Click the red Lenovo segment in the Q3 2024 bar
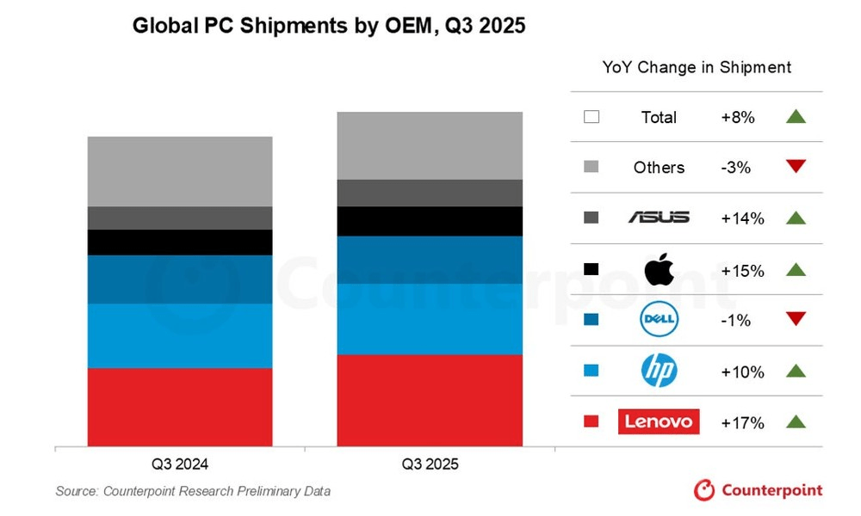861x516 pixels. click(180, 408)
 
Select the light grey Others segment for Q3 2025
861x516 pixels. click(430, 145)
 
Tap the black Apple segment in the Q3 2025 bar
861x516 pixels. click(430, 221)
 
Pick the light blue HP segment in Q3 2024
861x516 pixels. click(180, 335)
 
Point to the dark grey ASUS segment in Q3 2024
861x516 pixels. click(180, 218)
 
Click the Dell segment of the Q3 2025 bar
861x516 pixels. click(430, 260)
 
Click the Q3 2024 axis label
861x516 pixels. click(180, 464)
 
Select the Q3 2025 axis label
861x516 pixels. click(430, 464)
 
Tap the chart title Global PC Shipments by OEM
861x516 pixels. click(329, 27)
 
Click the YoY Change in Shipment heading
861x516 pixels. click(696, 67)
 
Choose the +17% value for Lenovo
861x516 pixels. click(742, 422)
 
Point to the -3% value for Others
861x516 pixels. click(736, 168)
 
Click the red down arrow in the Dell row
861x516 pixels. click(795, 320)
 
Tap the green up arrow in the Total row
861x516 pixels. click(795, 117)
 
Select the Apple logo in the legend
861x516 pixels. click(659, 269)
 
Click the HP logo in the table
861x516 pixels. click(659, 372)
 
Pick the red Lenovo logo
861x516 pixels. click(659, 422)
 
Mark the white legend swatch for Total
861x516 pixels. click(591, 117)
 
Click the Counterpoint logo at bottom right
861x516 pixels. click(758, 490)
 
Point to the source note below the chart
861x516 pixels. click(193, 491)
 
